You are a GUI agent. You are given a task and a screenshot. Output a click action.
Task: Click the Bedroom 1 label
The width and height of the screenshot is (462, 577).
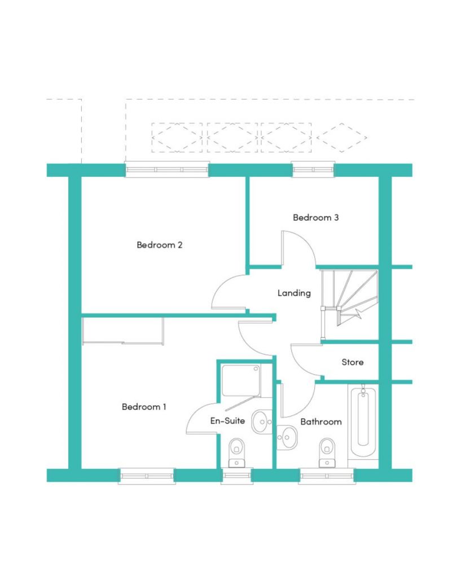click(144, 407)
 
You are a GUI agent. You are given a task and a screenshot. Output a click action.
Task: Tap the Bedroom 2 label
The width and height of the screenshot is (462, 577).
click(160, 245)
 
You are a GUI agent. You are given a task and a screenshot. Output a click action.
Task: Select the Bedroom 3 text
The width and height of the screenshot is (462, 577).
click(316, 218)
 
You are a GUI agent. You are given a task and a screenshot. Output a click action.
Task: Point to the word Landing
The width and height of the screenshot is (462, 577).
click(294, 293)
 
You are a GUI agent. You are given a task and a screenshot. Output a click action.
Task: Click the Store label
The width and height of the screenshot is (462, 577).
click(353, 362)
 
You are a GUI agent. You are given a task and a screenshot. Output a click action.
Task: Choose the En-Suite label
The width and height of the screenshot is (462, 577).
click(228, 420)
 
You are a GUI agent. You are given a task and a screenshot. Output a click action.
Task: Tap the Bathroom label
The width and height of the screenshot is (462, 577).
click(321, 421)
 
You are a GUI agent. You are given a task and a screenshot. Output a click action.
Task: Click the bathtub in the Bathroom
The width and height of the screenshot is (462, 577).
click(363, 421)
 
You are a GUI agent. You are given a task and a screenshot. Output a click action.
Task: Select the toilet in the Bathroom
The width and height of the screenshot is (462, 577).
click(327, 452)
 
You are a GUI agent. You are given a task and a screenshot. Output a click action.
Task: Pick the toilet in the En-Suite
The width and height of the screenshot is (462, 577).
click(236, 452)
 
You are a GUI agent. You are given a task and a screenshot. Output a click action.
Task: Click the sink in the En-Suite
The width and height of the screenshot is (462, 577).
click(262, 421)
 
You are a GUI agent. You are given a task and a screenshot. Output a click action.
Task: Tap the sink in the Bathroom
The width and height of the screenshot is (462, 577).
click(287, 437)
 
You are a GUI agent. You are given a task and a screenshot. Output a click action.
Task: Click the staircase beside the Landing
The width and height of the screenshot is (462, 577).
click(349, 302)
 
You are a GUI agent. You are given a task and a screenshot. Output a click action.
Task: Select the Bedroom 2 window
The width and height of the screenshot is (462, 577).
click(168, 170)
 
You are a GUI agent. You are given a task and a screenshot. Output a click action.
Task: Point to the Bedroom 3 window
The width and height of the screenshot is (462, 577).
click(313, 170)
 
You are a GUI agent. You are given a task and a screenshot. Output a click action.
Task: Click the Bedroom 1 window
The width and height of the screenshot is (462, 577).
click(147, 476)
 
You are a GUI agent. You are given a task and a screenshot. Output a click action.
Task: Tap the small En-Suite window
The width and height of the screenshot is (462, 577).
click(236, 476)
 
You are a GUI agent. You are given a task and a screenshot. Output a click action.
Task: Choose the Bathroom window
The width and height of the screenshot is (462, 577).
click(327, 476)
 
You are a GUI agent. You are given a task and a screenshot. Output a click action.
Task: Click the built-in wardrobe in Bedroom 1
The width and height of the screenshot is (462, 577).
click(123, 331)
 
